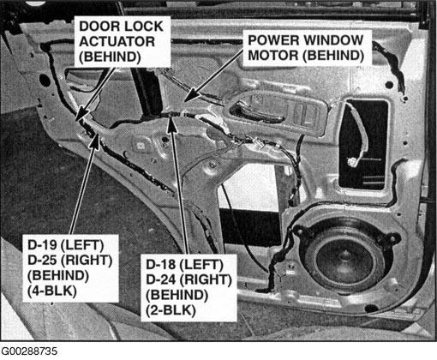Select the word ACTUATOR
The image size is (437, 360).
pos(117,42)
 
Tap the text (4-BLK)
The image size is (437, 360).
pos(52,291)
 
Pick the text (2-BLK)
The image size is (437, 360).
pos(171,310)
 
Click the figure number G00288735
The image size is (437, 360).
pos(29,351)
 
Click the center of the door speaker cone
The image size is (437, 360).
pos(344,255)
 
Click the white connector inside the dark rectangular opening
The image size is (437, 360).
pos(351,162)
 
